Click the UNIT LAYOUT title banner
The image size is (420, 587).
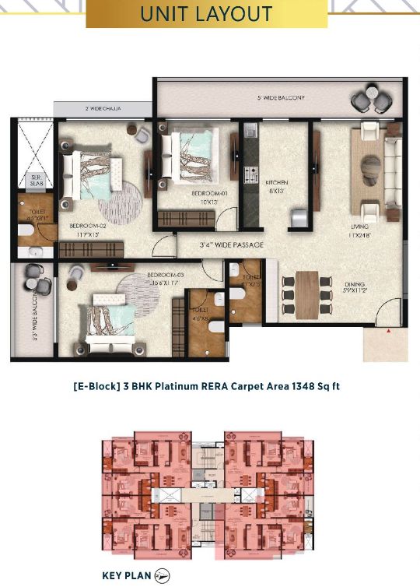pyautogui.click(x=205, y=14)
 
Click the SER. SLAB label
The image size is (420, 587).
pyautogui.click(x=36, y=180)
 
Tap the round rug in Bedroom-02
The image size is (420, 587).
pyautogui.click(x=121, y=200)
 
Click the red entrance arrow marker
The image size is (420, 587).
pyautogui.click(x=387, y=332)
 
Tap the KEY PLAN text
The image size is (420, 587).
pyautogui.click(x=126, y=576)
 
